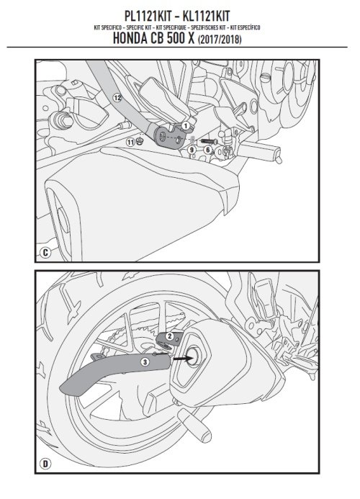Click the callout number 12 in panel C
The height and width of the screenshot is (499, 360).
click(117, 98)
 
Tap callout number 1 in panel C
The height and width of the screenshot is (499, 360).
click(185, 126)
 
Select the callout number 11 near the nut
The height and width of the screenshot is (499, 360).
click(130, 143)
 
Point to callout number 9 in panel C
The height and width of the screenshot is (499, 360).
click(192, 149)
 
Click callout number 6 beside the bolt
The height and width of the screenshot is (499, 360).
click(208, 150)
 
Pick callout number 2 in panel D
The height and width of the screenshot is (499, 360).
click(170, 336)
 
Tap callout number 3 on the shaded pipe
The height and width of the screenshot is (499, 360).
click(145, 362)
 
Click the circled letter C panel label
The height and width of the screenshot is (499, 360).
click(45, 253)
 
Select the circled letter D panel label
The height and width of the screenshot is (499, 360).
click(45, 464)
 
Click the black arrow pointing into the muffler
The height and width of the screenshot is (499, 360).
click(183, 359)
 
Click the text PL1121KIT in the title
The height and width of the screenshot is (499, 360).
click(148, 17)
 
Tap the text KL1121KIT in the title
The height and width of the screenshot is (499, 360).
click(206, 17)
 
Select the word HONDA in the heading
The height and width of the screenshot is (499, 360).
click(130, 38)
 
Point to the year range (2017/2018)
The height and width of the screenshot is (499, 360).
click(220, 40)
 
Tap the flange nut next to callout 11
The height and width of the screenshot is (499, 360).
click(139, 141)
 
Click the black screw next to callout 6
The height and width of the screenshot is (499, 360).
click(209, 141)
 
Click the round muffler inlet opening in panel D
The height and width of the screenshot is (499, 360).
click(194, 356)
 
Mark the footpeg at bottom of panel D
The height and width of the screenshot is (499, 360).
click(194, 425)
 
